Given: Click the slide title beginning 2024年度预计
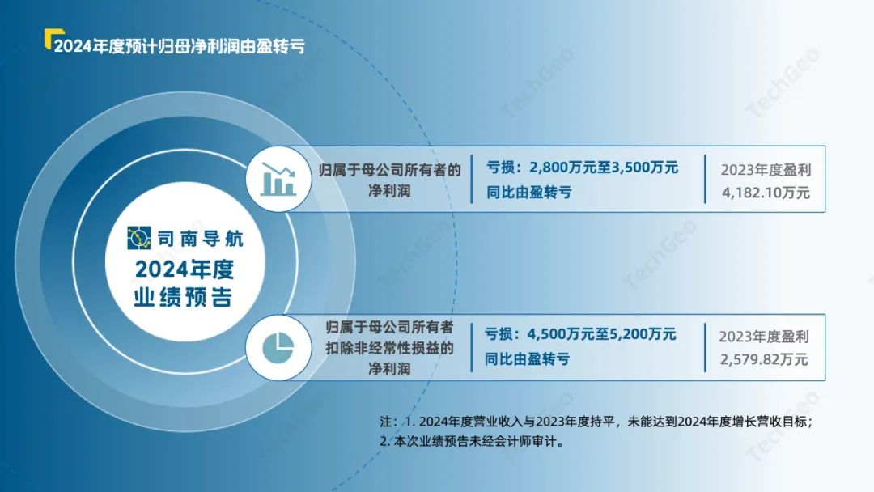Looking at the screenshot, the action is point(180,45).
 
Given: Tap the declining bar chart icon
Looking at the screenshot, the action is point(278,179).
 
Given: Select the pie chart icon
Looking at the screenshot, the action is point(278,347).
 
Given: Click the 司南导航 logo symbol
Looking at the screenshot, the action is point(139,238).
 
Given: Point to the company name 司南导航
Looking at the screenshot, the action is point(201,239).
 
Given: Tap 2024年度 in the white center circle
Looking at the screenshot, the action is point(185,269).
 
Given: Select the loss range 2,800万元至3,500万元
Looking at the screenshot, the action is point(604,168).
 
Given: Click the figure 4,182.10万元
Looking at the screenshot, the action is point(766,193).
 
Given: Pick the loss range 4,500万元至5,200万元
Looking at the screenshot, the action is point(601,333).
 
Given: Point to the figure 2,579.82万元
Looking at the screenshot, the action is point(764,359).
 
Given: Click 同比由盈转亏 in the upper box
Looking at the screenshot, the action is point(529,193).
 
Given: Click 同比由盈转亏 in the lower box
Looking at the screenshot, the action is point(527,359).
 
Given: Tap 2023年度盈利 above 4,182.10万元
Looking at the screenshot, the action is point(766,170).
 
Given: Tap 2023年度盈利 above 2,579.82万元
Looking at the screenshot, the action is point(764,337).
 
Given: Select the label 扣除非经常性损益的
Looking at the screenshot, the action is point(389,348).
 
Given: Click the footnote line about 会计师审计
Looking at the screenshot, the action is point(472,442).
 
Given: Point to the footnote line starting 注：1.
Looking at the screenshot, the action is point(596,422).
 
